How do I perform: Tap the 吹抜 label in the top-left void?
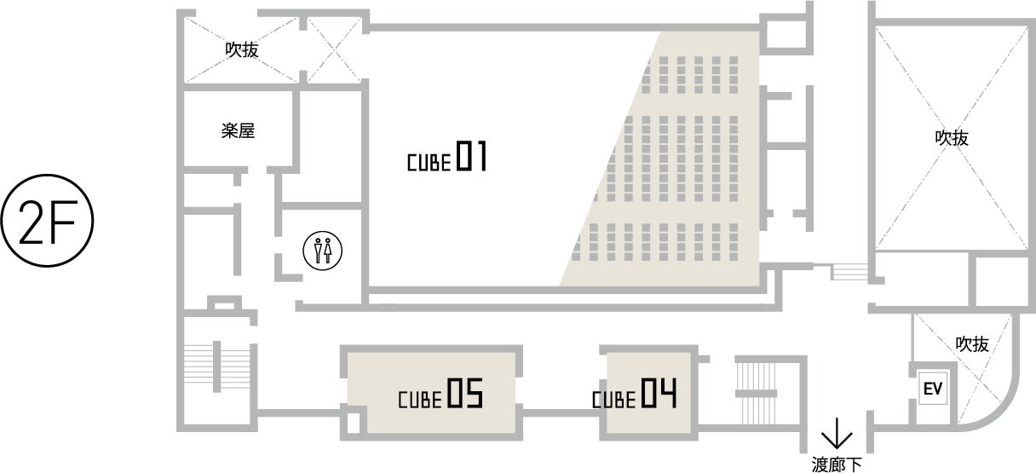click(x=241, y=50)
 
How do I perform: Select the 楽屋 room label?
click(x=238, y=131)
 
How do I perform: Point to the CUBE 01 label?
click(x=446, y=159)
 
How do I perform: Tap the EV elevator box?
click(x=931, y=389)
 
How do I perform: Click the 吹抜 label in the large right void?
click(x=952, y=138)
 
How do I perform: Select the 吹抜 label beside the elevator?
click(x=971, y=344)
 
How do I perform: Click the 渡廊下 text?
click(x=837, y=464)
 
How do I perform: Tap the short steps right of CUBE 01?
click(x=849, y=272)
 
